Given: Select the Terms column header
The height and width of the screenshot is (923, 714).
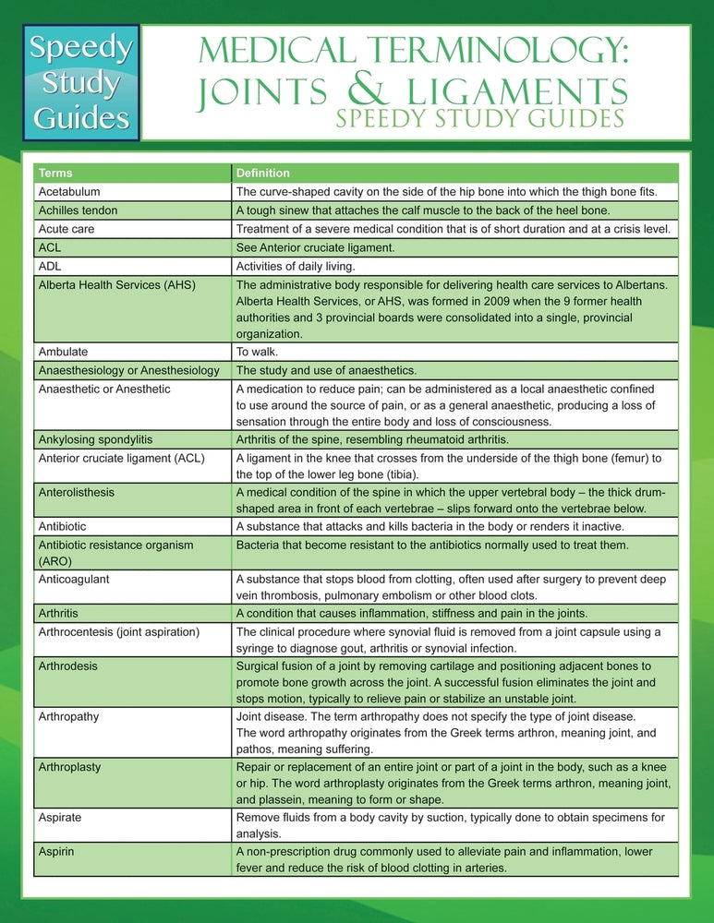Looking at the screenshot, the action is pyautogui.click(x=55, y=174).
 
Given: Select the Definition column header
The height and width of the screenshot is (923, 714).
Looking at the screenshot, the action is pyautogui.click(x=262, y=174).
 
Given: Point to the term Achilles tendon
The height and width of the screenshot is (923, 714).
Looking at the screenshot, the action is pyautogui.click(x=78, y=210).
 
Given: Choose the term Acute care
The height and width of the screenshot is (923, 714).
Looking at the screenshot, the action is pyautogui.click(x=66, y=229).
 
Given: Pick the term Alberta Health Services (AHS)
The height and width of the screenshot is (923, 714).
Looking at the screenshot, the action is pyautogui.click(x=116, y=284).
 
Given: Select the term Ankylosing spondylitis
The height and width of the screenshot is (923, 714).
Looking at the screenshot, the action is pyautogui.click(x=95, y=439).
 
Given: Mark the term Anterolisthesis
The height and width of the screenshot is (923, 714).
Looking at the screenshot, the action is pyautogui.click(x=77, y=492).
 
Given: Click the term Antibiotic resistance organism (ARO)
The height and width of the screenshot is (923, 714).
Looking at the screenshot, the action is pyautogui.click(x=115, y=552).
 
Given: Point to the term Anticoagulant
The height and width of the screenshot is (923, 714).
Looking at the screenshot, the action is pyautogui.click(x=74, y=579).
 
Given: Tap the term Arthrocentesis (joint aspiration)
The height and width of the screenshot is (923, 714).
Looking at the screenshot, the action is pyautogui.click(x=118, y=631).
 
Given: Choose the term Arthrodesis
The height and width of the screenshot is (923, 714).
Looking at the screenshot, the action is pyautogui.click(x=67, y=665).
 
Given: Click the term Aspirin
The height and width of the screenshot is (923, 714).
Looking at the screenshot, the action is pyautogui.click(x=56, y=851).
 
